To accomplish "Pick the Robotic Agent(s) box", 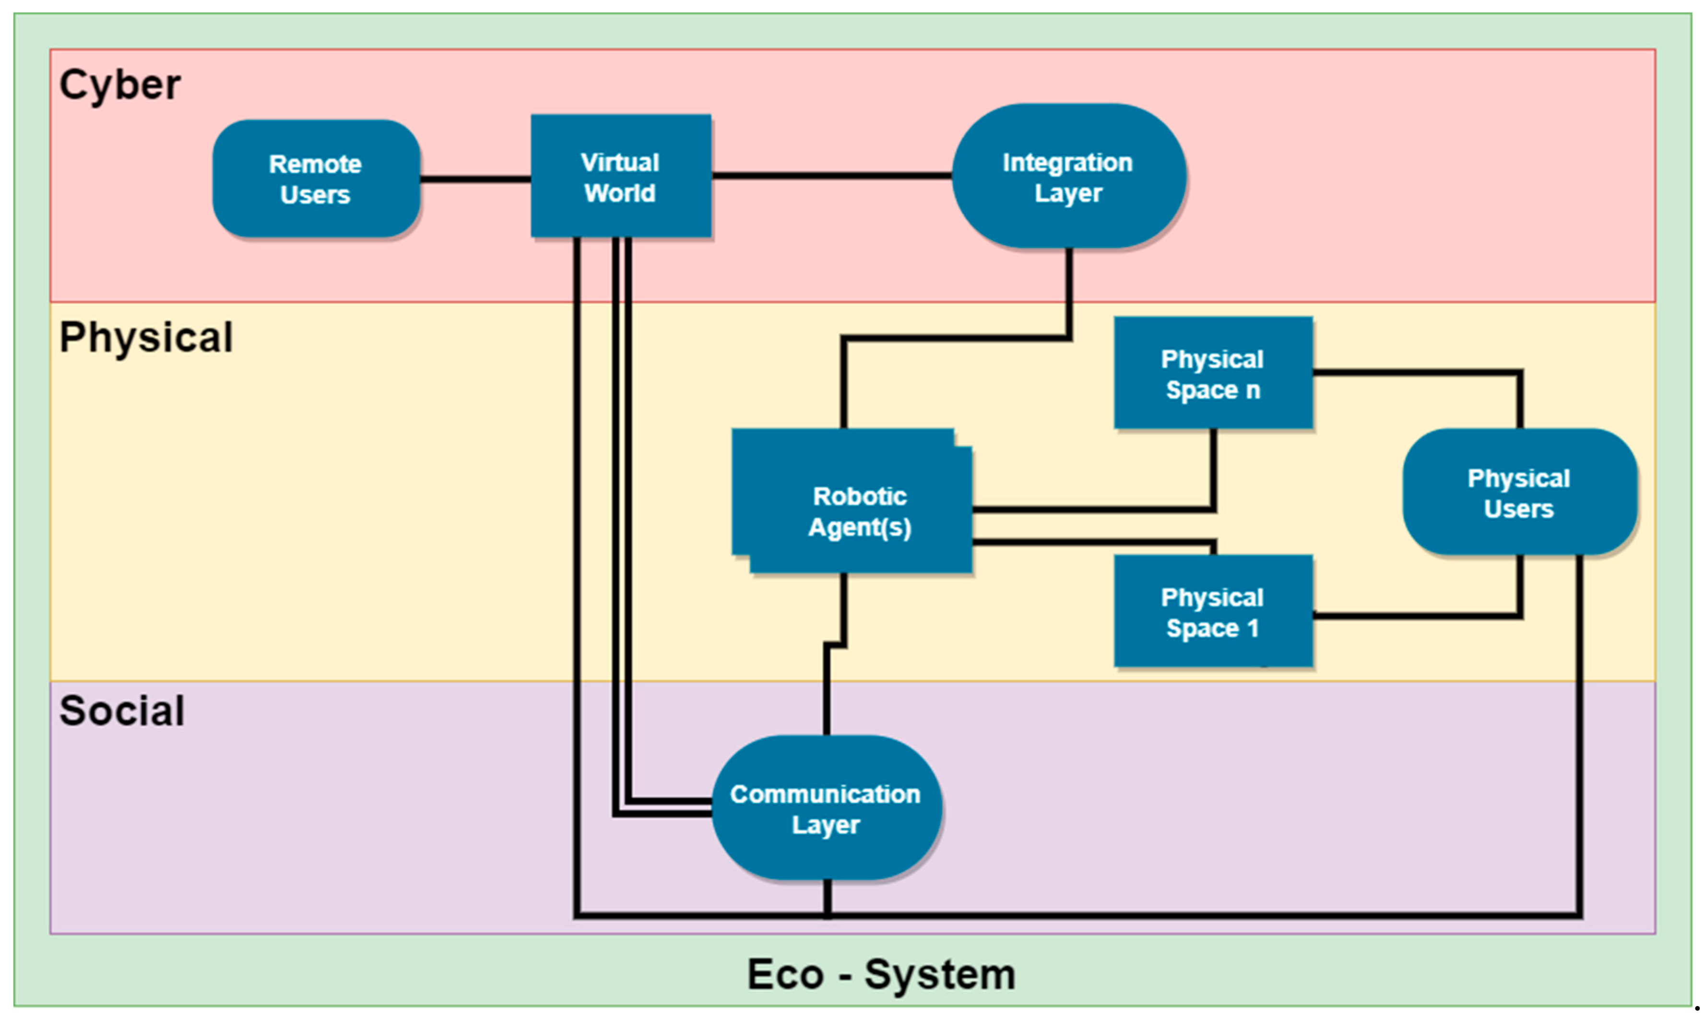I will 852,501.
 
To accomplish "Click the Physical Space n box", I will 1212,373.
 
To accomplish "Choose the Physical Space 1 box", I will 1212,611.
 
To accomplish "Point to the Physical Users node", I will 1519,492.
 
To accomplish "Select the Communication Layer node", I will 826,808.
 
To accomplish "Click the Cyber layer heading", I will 119,85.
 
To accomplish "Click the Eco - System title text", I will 880,974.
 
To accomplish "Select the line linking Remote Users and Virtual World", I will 475,179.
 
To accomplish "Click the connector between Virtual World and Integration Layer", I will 831,176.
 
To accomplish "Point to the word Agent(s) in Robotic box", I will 860,527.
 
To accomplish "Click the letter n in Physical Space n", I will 1253,390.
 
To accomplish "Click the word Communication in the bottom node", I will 825,794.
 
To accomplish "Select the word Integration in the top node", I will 1067,163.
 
